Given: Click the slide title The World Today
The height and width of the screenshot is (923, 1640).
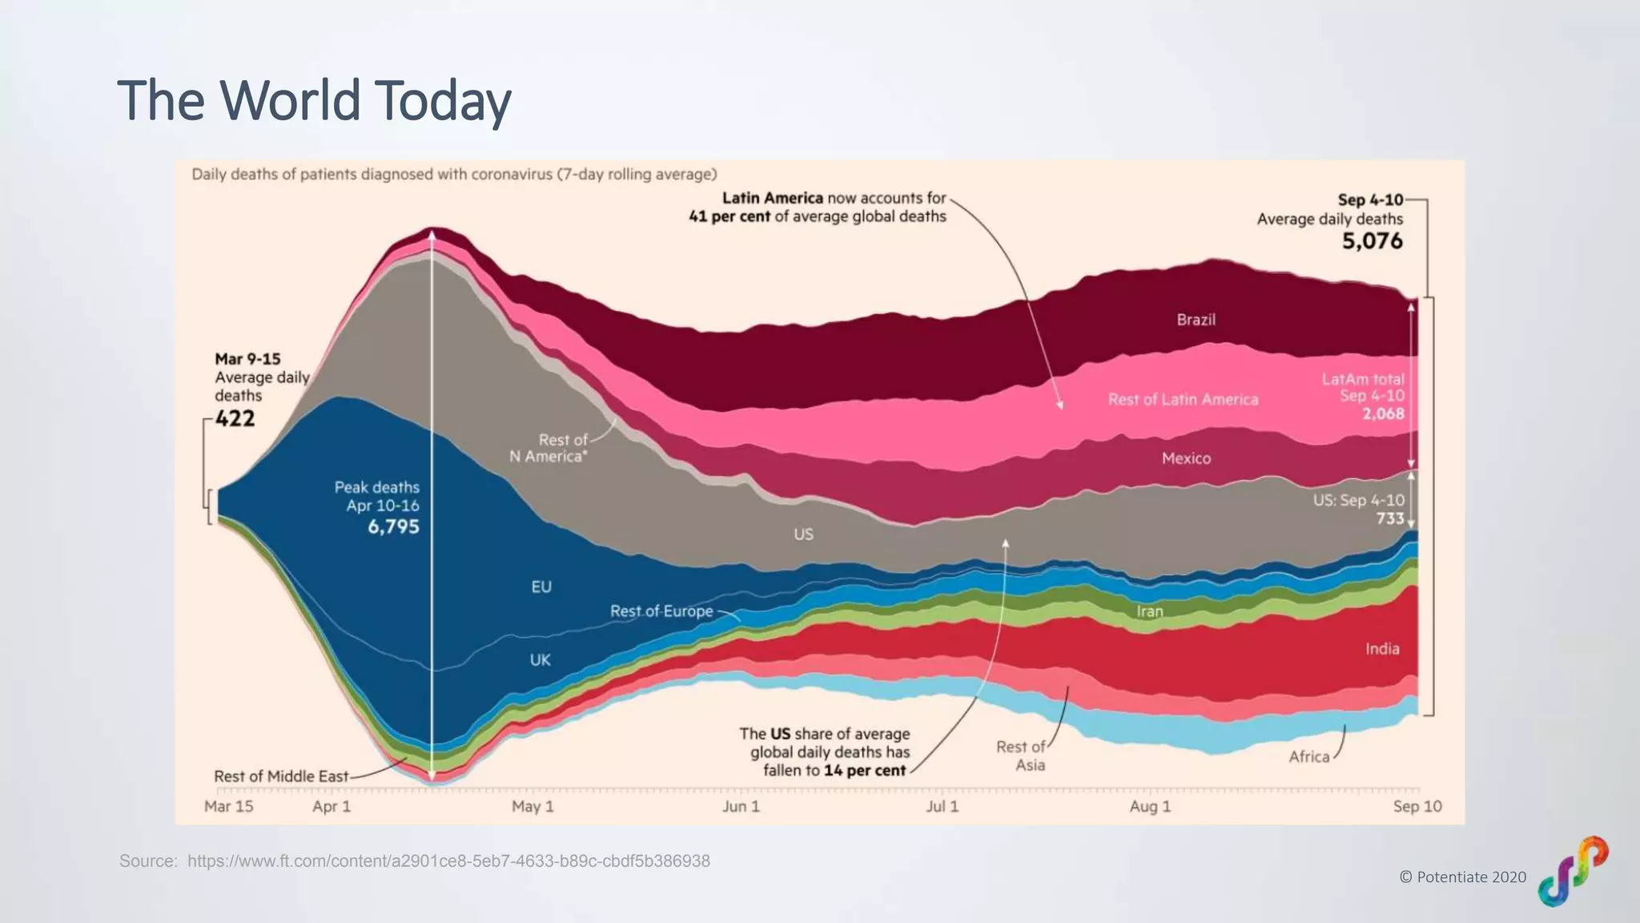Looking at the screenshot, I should [314, 101].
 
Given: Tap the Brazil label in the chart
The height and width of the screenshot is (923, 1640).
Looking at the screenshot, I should [1196, 320].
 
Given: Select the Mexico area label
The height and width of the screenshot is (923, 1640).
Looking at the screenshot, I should [1186, 458].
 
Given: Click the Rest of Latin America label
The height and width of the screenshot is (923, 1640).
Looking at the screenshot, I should [1183, 399].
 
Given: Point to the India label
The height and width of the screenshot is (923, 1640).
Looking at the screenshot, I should [1382, 649].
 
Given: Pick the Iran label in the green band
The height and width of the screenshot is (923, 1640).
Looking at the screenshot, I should [1149, 611].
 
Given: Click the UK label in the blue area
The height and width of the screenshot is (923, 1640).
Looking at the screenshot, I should [540, 660].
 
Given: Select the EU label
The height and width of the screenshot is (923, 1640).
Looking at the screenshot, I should [541, 586].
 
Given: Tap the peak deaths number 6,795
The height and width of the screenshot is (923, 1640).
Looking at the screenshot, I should [393, 526].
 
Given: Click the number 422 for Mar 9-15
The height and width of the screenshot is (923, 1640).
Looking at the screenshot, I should [235, 418].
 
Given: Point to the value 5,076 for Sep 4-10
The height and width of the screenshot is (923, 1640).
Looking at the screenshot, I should [1372, 240].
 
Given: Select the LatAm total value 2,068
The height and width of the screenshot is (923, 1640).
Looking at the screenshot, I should [1383, 413].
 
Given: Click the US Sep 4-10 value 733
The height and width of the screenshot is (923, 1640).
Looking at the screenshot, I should [1390, 518].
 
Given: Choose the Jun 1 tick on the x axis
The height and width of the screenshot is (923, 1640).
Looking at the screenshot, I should [741, 806].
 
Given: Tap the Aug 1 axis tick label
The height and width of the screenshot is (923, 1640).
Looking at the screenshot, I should [1150, 806].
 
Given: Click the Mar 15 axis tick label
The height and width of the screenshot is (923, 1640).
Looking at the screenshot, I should [228, 806].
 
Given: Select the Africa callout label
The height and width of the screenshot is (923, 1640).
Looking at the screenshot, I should [1308, 756].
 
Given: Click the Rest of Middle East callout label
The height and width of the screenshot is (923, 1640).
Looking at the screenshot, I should [281, 776].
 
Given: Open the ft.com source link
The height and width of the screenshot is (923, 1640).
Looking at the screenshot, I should [448, 861].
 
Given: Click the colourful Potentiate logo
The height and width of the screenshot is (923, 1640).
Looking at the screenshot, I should [1573, 871].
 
